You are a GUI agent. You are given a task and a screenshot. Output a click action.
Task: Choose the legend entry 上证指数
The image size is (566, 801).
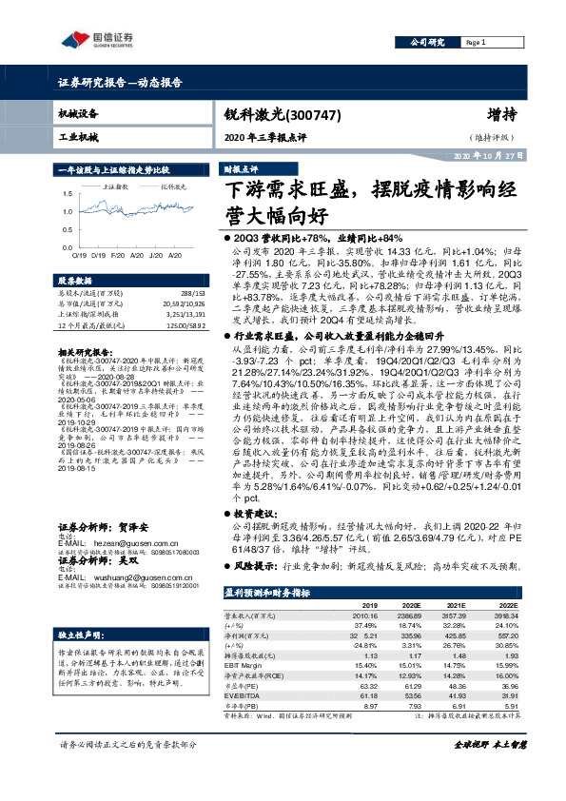[x=115, y=188]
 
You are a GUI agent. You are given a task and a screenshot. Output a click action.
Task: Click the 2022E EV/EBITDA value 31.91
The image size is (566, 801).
[x=511, y=697]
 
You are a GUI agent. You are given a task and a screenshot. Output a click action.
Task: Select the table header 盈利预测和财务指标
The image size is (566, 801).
[x=267, y=592]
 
